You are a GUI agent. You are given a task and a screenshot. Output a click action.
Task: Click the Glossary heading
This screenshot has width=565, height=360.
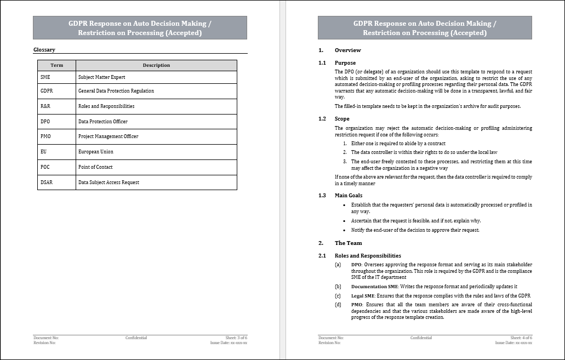pos(44,50)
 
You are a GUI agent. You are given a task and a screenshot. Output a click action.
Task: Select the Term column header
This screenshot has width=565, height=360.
pos(57,65)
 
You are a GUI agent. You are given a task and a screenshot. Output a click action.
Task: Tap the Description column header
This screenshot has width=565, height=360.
pos(156,65)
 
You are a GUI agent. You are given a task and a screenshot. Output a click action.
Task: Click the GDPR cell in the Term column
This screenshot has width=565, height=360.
pos(47,91)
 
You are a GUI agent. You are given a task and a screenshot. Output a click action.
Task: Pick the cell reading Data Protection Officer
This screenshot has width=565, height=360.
pos(103,122)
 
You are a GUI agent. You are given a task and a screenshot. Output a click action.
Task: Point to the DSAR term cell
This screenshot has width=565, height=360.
pos(47,182)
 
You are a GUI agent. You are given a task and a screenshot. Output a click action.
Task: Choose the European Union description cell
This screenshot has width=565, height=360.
pos(96,152)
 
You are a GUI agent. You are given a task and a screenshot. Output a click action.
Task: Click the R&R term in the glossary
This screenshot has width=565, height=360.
pos(45,106)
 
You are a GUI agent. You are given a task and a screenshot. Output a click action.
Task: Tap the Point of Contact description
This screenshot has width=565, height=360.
pos(96,167)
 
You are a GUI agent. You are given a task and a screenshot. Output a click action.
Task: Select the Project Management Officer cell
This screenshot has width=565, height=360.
pos(109,136)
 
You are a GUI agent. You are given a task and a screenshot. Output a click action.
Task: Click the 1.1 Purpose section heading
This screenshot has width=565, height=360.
pos(345,63)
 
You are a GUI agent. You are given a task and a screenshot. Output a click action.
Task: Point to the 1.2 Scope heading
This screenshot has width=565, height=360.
pos(342,119)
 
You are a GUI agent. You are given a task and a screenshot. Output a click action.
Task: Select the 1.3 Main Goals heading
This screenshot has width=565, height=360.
pos(348,196)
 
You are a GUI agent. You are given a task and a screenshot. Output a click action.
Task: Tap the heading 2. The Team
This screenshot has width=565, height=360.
pos(348,243)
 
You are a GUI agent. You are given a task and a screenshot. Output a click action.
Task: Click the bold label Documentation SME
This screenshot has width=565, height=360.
pos(374,287)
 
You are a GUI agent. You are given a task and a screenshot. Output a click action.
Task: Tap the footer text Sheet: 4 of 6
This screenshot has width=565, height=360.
pos(521,338)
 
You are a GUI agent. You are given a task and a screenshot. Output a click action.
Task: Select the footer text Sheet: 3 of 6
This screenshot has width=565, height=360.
pos(236,338)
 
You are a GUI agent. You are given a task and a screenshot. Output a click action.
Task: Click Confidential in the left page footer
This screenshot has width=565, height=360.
pos(136,338)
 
